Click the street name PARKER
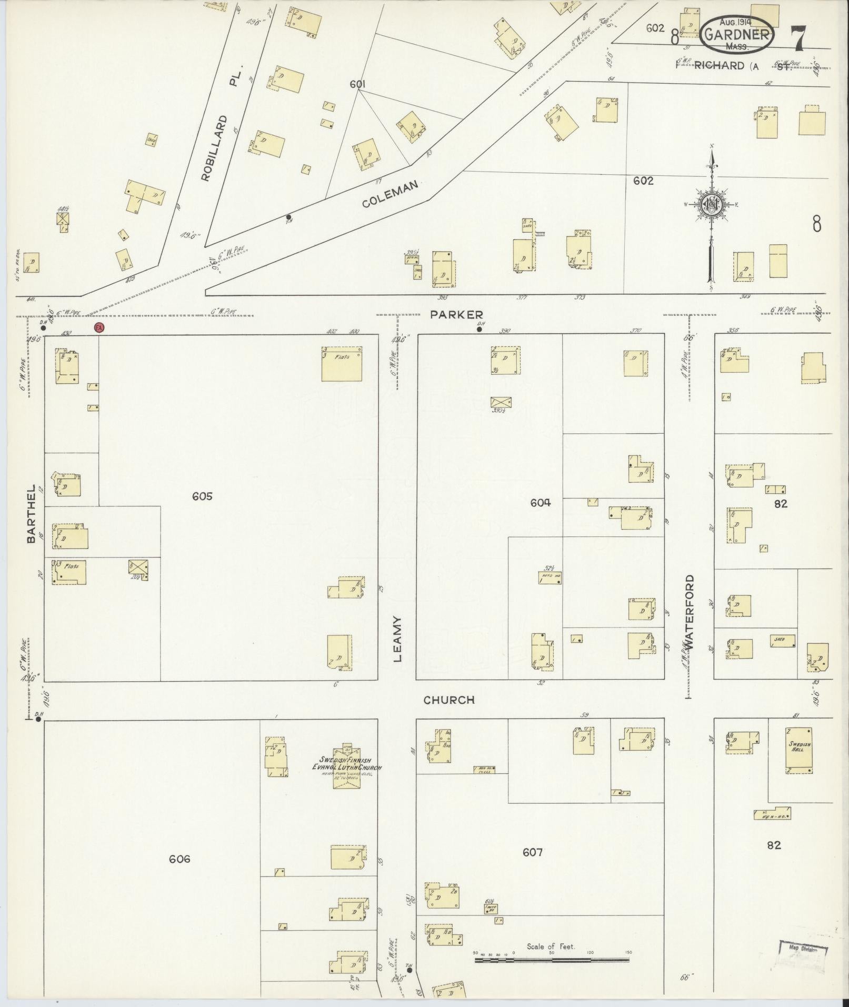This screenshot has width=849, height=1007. (456, 315)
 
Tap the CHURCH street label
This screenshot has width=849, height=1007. (449, 700)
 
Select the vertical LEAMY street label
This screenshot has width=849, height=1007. (397, 639)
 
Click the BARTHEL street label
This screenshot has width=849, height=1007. (31, 514)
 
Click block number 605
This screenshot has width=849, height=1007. (202, 496)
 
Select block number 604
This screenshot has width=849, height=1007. (541, 503)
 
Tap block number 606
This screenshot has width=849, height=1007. (179, 859)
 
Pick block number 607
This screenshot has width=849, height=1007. (533, 852)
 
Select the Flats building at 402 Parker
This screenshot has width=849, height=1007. (342, 364)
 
